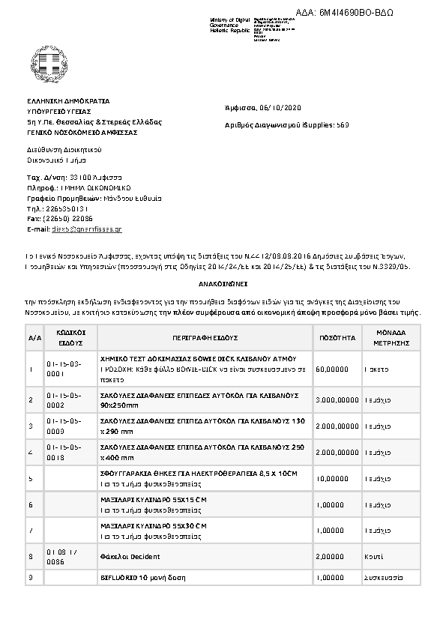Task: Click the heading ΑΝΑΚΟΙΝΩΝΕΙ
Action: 223,286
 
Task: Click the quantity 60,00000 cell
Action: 333,369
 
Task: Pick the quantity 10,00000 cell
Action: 333,477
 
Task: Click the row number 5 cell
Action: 31,477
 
